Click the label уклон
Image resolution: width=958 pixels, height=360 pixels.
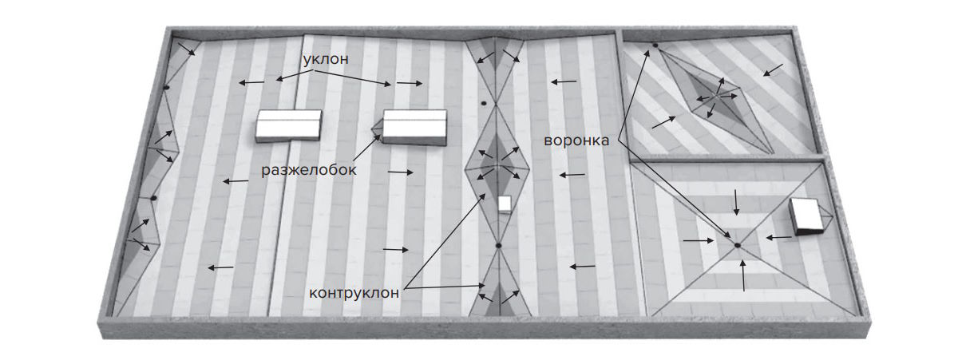[326, 59]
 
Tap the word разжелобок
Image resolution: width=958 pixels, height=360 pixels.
[309, 170]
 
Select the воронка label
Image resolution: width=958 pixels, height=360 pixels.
[576, 140]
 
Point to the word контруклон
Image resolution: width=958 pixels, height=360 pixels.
[354, 293]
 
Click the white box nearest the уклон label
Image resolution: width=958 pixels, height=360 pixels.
[289, 125]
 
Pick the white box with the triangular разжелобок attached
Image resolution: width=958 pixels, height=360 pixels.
[414, 127]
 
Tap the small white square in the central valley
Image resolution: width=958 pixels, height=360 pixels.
[505, 204]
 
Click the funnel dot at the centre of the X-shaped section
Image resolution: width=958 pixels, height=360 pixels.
[738, 245]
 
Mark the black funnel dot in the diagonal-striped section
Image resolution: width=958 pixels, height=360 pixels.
[655, 45]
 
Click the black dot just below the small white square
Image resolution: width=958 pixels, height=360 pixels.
[498, 245]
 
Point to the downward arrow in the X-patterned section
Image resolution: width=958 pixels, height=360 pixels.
[736, 202]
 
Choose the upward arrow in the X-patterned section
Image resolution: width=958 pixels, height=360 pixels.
[743, 275]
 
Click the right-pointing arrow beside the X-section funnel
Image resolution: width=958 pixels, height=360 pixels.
[699, 241]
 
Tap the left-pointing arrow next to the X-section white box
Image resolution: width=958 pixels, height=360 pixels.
[778, 237]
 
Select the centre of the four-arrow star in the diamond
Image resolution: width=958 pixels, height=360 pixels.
[716, 97]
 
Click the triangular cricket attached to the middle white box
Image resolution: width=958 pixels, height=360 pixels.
[377, 129]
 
